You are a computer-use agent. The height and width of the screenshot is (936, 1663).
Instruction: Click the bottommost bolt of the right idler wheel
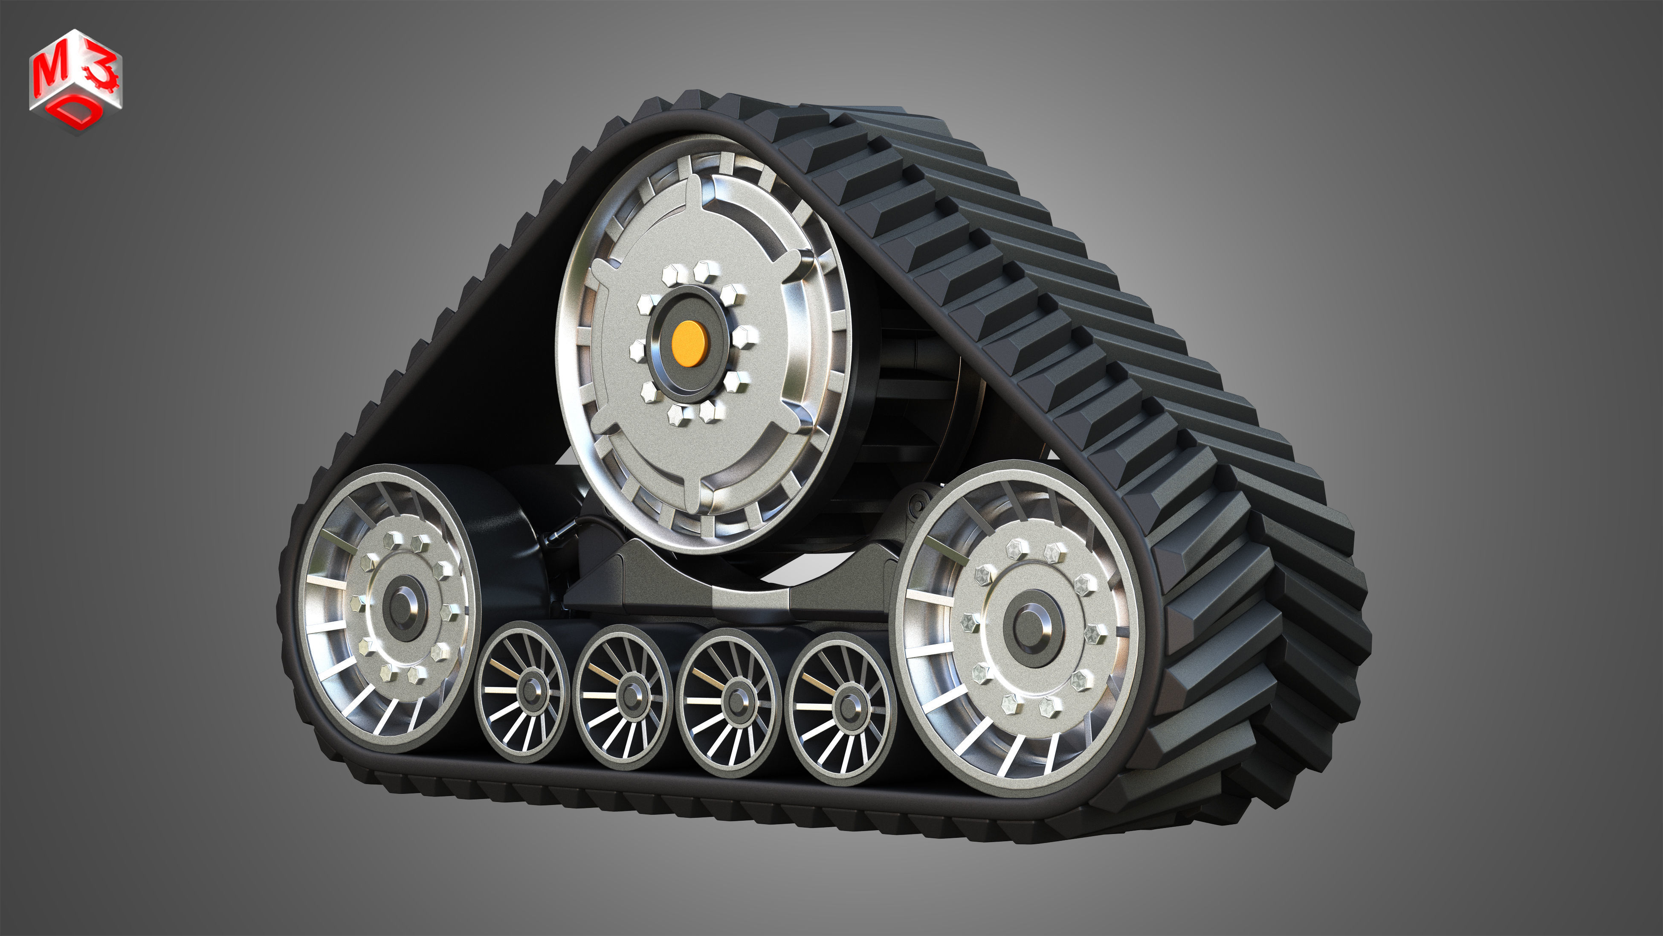1048,707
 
